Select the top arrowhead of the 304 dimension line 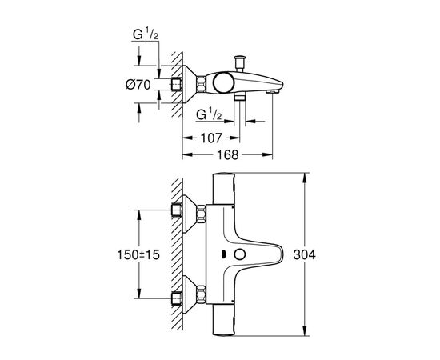pyautogui.click(x=309, y=174)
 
